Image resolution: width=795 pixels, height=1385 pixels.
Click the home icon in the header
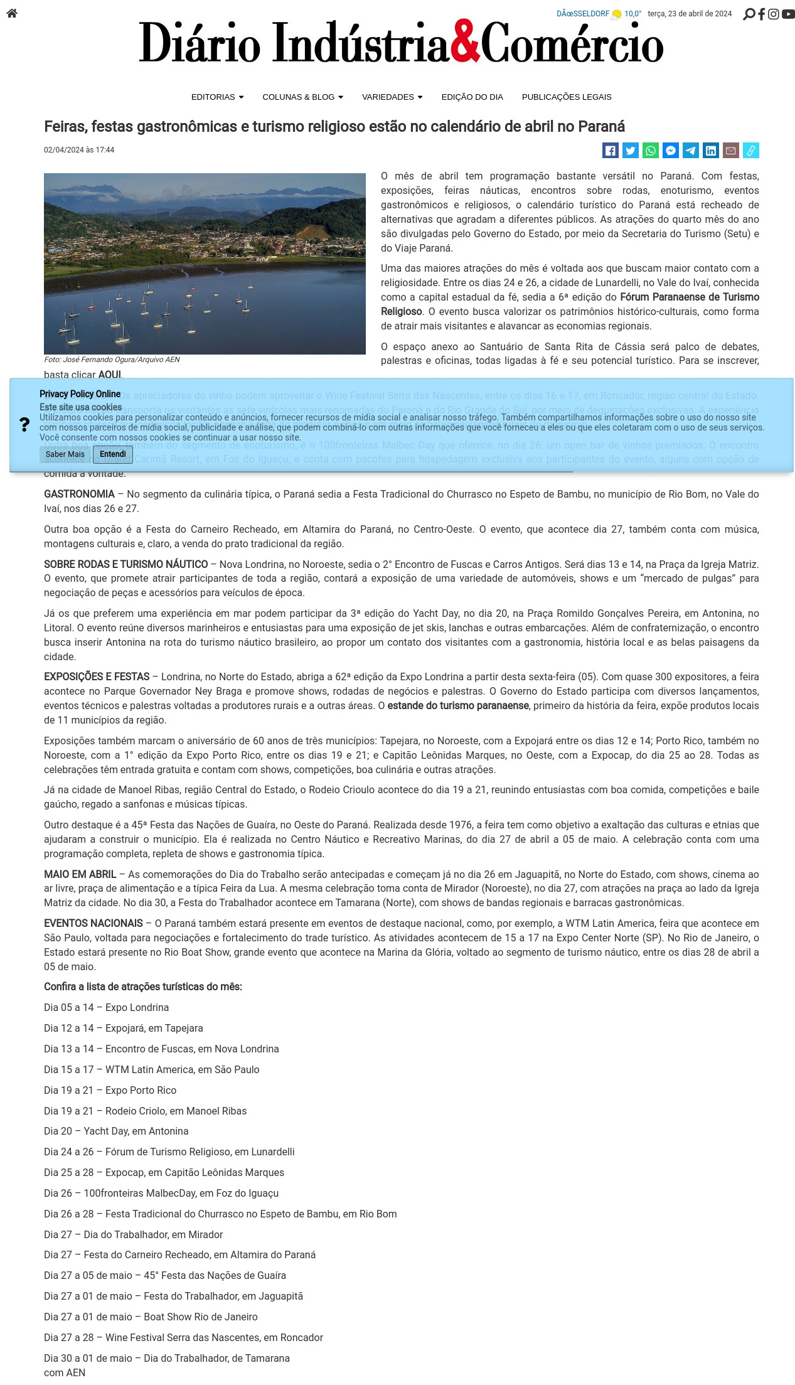[x=12, y=13]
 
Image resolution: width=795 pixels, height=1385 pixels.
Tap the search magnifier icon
[x=749, y=14]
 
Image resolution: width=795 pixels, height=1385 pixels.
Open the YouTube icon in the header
[x=788, y=14]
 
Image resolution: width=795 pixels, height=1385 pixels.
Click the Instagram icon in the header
[x=774, y=14]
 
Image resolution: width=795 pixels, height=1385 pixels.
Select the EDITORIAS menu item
[x=217, y=97]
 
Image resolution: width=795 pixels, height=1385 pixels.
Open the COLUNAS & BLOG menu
[x=302, y=97]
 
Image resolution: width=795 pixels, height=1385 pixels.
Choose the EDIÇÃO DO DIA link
[x=472, y=97]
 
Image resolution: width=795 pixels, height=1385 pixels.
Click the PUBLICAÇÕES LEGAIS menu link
[x=567, y=97]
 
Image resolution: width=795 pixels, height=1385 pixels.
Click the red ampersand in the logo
[x=465, y=43]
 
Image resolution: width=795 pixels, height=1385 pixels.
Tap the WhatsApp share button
[x=651, y=151]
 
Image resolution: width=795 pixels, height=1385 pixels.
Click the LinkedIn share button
[x=711, y=151]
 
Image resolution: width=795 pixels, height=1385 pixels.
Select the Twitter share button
[x=631, y=151]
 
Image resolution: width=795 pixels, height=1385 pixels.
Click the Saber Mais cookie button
[x=65, y=454]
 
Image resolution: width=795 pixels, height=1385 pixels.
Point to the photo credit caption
[x=112, y=360]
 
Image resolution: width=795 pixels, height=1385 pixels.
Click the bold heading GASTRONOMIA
[x=79, y=495]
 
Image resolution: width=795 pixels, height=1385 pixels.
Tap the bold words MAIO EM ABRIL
[x=80, y=875]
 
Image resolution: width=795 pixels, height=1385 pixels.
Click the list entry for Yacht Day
[x=116, y=1131]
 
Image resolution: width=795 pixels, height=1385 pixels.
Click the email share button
[x=731, y=151]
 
